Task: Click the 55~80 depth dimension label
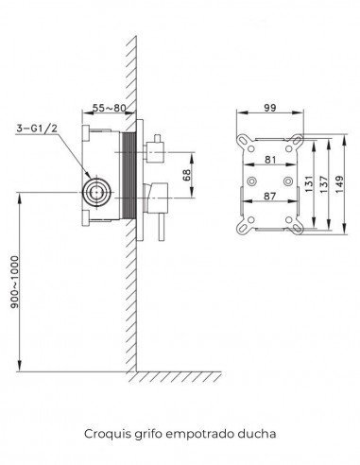click(x=109, y=108)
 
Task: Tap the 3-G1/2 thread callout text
click(x=37, y=129)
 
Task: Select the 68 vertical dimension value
click(x=186, y=175)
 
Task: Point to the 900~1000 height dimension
click(x=15, y=282)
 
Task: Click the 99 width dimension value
click(x=270, y=108)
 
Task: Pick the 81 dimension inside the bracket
click(x=270, y=160)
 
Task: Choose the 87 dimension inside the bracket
click(x=270, y=196)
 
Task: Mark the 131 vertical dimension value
click(x=309, y=183)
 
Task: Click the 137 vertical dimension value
click(x=323, y=184)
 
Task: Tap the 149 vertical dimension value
click(x=339, y=184)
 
